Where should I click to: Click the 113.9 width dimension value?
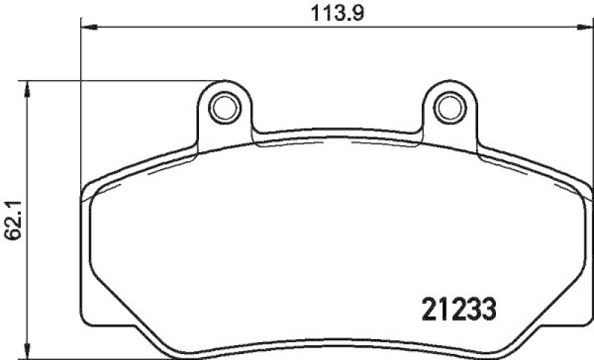tap(333, 13)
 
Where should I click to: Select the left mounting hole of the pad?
tap(221, 108)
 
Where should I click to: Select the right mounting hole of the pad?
tap(447, 108)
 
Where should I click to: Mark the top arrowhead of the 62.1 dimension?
tap(28, 87)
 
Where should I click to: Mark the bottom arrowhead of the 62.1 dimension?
tap(28, 349)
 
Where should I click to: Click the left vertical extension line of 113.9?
tap(80, 111)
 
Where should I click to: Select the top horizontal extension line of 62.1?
tap(119, 79)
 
